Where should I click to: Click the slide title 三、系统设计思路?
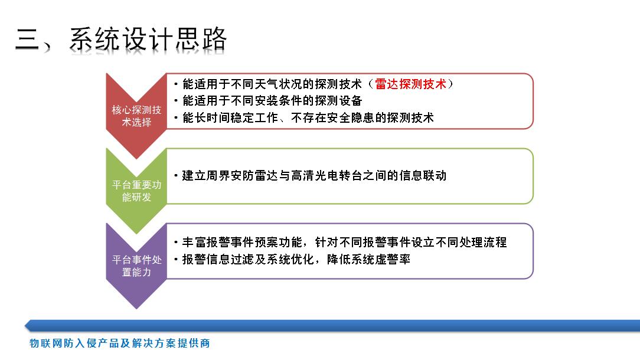[x=121, y=39]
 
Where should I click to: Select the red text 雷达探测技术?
[x=410, y=84]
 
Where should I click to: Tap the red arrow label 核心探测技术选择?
[x=137, y=116]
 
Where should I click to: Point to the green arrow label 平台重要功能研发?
[x=137, y=191]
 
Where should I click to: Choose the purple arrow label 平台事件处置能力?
[x=137, y=266]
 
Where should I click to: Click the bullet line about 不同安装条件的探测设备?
[x=268, y=101]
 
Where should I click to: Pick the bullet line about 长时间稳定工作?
[x=303, y=118]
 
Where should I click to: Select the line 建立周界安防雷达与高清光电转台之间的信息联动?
[x=310, y=175]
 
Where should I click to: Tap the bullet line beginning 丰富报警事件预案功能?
[x=341, y=243]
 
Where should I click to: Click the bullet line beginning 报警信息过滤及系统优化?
[x=292, y=259]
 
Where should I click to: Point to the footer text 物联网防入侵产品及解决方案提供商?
[x=120, y=343]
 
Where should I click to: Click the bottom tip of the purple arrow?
[x=136, y=309]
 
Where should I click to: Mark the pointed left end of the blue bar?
[x=25, y=326]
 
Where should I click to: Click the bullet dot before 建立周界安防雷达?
[x=177, y=176]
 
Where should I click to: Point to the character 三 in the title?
[x=28, y=40]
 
